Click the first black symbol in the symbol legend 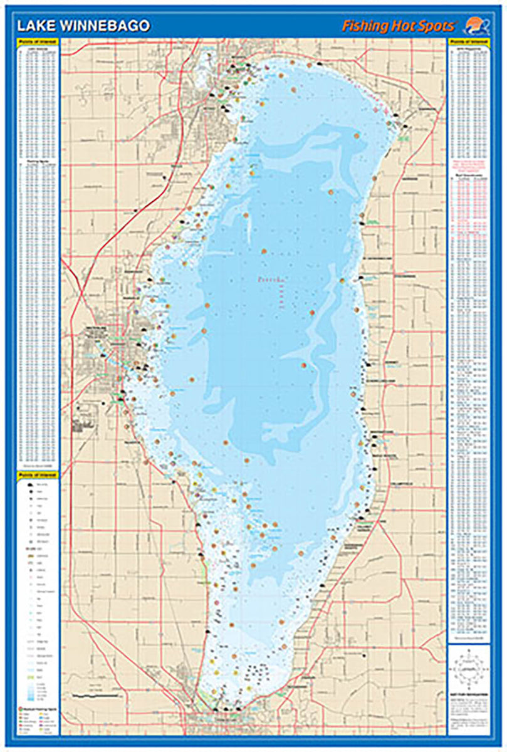pos(29,485)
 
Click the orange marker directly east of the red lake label pos(343,281)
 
